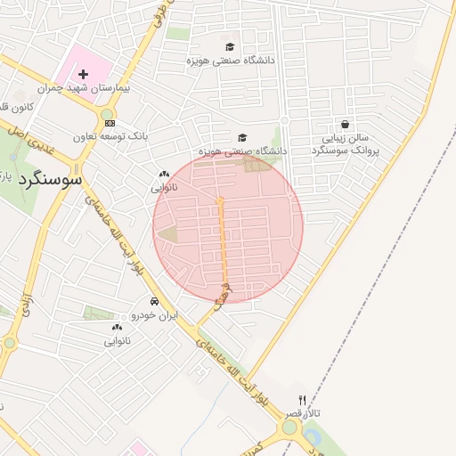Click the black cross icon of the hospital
[84, 75]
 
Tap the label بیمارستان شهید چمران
[85, 89]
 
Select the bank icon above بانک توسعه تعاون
[110, 124]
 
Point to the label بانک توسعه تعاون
[111, 137]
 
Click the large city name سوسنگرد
[49, 178]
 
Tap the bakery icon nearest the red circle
[164, 175]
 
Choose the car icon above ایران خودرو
[155, 301]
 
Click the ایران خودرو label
[155, 315]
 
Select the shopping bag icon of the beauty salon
[345, 125]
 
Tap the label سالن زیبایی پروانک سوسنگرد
[346, 145]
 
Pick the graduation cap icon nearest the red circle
[242, 137]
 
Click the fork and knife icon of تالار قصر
[303, 402]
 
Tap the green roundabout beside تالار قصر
[290, 427]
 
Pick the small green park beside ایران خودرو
[98, 313]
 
